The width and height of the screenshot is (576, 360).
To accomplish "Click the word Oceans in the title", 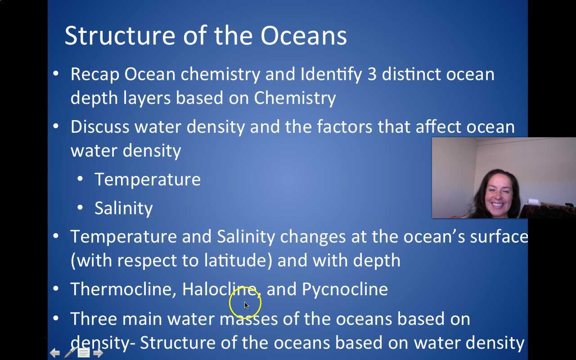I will (304, 36).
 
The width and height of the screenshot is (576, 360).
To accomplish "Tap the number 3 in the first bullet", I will (372, 74).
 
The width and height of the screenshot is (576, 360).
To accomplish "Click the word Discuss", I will (100, 127).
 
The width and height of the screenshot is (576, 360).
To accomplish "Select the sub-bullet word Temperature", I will (148, 180).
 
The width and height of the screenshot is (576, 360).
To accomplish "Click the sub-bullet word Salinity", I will (124, 208).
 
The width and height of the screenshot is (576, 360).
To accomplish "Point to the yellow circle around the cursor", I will (245, 303).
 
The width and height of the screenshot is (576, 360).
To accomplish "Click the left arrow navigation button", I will (54, 353).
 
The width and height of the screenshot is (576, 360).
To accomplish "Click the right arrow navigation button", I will (98, 353).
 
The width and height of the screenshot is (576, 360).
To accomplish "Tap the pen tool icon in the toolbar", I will (70, 353).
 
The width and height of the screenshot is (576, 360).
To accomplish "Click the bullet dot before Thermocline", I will (56, 288).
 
